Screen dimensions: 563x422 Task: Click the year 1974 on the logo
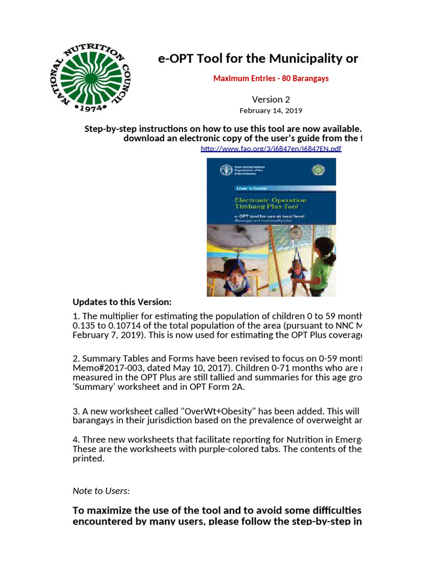coord(93,108)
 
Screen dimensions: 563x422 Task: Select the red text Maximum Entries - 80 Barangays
coord(271,78)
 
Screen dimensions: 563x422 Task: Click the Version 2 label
coord(271,100)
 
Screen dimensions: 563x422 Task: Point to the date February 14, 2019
coord(271,110)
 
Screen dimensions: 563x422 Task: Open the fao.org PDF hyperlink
coord(271,148)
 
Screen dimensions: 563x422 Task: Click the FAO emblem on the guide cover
coord(224,170)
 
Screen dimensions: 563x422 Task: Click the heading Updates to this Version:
coord(122,302)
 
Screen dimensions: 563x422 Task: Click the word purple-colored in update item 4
coord(223,449)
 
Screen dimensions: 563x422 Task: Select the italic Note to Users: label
coord(101,490)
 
